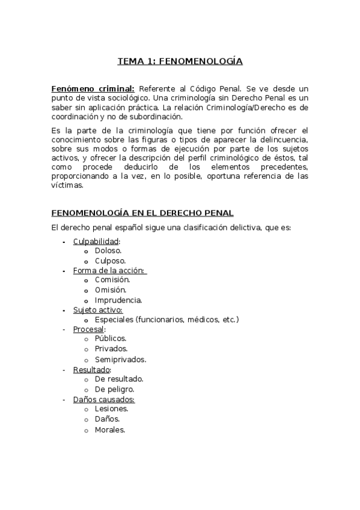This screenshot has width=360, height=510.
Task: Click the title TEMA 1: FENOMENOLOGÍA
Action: [179, 61]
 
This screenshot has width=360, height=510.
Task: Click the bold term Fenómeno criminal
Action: [93, 88]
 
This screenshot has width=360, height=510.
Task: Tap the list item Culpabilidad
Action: [96, 242]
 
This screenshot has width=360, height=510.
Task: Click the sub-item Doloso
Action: [108, 251]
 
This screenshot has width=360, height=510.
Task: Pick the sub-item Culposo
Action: [110, 261]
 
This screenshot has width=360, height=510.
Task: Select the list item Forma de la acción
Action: [109, 271]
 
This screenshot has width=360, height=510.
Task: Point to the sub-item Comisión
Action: [112, 280]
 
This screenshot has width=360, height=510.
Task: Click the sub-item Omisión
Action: [111, 290]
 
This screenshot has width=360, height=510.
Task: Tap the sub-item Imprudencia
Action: [118, 300]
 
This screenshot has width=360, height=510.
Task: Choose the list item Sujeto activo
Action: [97, 310]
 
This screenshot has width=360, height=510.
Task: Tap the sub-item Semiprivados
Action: [120, 359]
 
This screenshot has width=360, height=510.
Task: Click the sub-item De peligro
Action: [114, 389]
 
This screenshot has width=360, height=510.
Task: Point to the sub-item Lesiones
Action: [111, 408]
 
